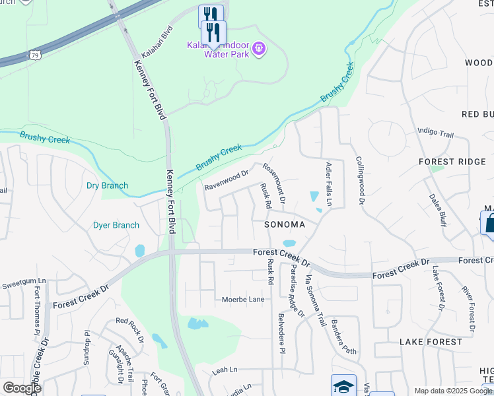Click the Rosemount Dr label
click(x=273, y=183)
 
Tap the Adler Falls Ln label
click(x=328, y=183)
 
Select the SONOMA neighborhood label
click(x=285, y=224)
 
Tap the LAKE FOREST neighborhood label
click(x=431, y=342)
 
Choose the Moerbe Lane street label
click(x=242, y=300)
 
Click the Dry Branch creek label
click(x=107, y=185)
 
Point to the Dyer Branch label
click(x=116, y=225)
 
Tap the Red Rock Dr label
click(x=129, y=330)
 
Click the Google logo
click(x=22, y=388)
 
